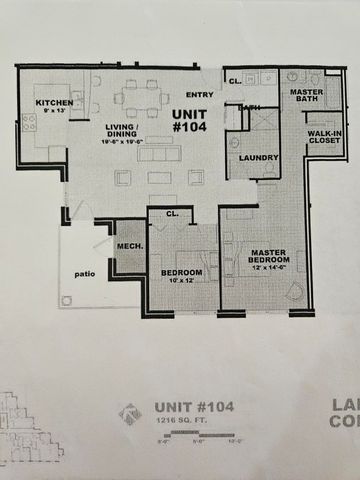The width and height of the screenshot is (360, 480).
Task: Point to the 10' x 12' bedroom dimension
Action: (x=180, y=281)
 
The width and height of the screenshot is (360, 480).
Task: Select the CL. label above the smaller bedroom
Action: (x=171, y=214)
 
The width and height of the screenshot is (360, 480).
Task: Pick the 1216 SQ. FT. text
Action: (x=181, y=423)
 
